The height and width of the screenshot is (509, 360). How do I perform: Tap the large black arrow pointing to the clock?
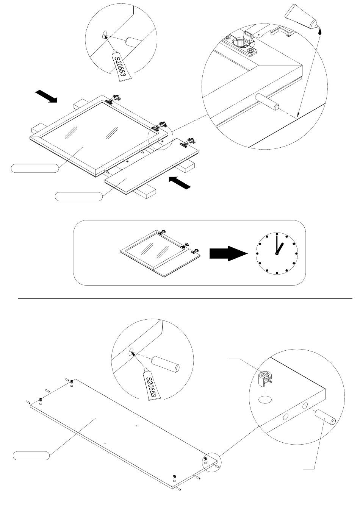click(228, 254)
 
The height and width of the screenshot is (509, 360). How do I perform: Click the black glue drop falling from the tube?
click(321, 33)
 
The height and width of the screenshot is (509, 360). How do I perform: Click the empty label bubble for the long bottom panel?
click(31, 456)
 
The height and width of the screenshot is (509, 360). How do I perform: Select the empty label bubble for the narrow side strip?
click(79, 196)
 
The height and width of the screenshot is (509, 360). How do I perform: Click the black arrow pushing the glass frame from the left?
click(45, 96)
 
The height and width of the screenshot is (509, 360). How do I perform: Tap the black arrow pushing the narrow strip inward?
click(179, 183)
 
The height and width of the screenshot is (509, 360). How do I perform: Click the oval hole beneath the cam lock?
click(265, 399)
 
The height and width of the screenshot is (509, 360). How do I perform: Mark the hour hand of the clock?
click(280, 248)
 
